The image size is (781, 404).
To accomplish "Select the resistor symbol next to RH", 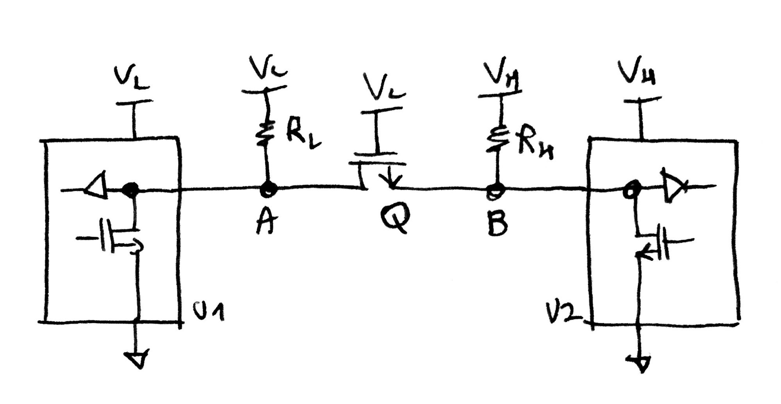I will click(497, 140).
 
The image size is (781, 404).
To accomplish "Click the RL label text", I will click(302, 136).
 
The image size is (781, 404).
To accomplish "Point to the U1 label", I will click(209, 312).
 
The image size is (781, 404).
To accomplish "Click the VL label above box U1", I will click(132, 78).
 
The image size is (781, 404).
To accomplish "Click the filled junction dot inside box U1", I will click(130, 190).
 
